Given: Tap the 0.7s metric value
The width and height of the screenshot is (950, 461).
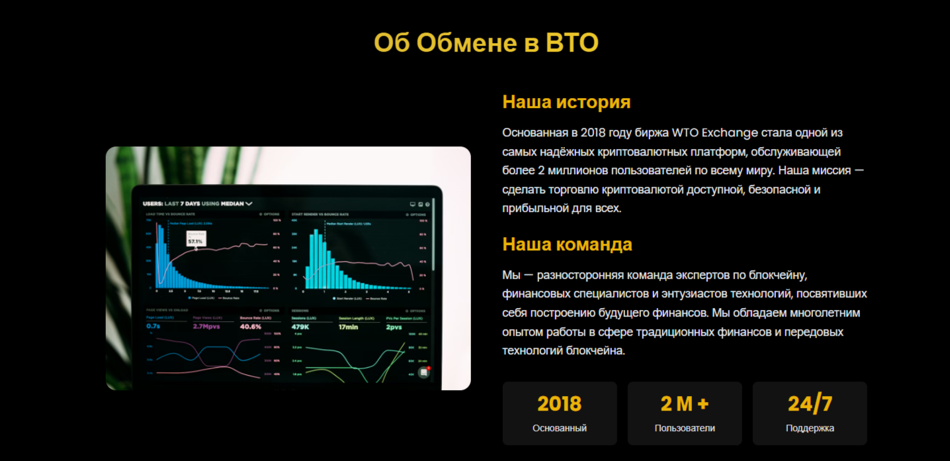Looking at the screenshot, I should pos(153,327).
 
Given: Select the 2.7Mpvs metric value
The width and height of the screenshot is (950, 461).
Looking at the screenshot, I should pos(206,327).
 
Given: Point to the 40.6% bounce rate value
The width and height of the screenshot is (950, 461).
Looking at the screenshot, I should pos(250,327).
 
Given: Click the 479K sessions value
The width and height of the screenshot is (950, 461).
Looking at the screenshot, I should pos(301,327).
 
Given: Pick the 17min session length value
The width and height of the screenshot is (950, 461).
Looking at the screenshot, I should pos(348,327).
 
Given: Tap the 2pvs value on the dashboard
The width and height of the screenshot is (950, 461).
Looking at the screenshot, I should pos(394,327).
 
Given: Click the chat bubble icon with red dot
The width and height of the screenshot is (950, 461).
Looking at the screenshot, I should pos(424,372).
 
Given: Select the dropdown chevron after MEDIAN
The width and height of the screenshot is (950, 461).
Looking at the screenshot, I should pos(249,204).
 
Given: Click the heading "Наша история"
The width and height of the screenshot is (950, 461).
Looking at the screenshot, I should pos(566,102).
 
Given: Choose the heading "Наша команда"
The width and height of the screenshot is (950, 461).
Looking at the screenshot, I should pos(567,244).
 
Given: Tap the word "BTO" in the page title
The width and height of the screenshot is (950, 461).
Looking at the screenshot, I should pos(572,43).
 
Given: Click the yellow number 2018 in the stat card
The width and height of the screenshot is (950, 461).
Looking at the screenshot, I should pos(559,403).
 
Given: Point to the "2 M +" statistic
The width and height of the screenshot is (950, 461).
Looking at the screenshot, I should pos(684,403).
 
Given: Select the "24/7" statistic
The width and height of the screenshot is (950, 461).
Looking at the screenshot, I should pos(810,403).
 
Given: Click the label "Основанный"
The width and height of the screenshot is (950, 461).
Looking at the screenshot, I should pos(559,428).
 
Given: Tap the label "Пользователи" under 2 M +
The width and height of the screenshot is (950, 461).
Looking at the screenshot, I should pos(685,428).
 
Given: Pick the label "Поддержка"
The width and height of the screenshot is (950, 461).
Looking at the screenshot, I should pos(810,428).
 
